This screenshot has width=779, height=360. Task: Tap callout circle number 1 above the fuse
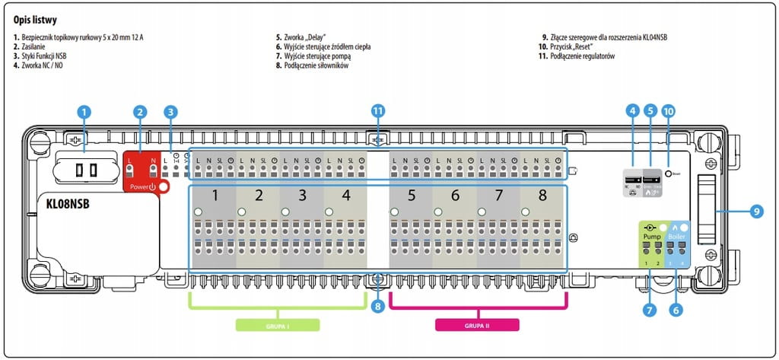(84, 111)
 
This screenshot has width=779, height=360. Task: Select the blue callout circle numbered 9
(755, 212)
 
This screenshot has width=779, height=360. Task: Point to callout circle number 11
(378, 111)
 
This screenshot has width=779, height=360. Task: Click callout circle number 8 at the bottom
(377, 307)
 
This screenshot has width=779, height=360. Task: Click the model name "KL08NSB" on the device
(78, 205)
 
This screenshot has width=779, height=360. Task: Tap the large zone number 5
(411, 196)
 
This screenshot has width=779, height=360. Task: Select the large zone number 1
(215, 196)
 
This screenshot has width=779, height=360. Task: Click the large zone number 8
(542, 196)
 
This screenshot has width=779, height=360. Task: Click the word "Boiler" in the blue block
(677, 237)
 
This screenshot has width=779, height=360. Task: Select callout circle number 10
(668, 111)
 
